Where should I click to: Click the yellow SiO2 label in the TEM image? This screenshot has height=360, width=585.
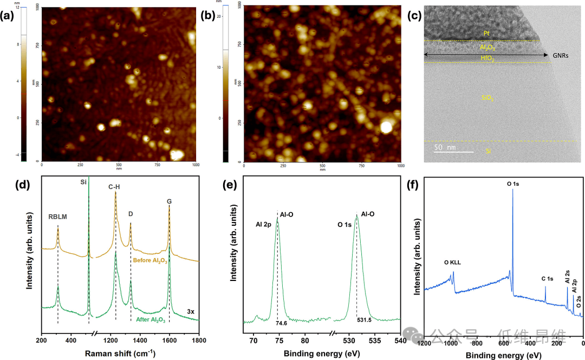[x=488, y=99]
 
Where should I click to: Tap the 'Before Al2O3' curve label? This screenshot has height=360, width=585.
[x=150, y=261]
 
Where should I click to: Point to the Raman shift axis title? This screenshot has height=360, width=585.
[x=120, y=353]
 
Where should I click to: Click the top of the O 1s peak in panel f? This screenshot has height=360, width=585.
[x=512, y=189]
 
